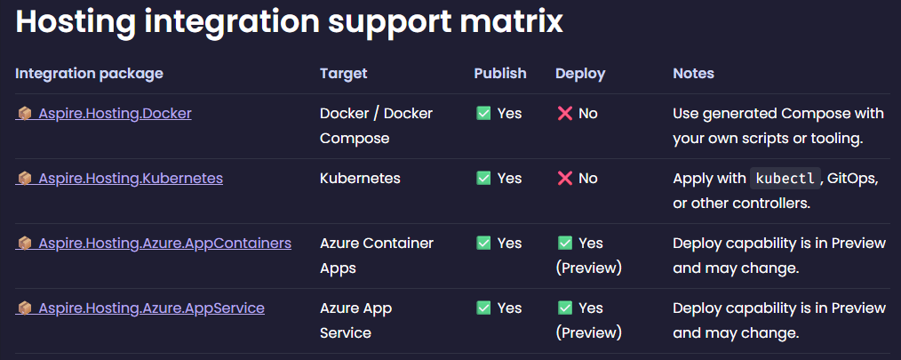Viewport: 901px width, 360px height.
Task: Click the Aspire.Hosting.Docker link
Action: click(x=115, y=114)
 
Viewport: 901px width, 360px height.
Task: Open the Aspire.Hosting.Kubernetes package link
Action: click(x=130, y=179)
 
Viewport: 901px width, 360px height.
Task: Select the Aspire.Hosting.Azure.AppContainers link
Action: click(x=164, y=243)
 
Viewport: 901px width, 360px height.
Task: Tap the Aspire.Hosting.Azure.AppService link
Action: click(x=151, y=308)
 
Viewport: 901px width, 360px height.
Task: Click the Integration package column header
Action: click(x=89, y=74)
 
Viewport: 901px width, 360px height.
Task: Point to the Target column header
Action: click(x=343, y=74)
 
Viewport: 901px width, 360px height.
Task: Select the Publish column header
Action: click(x=499, y=74)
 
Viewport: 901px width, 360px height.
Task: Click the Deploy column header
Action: click(x=580, y=74)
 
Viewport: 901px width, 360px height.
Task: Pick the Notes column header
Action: click(x=693, y=74)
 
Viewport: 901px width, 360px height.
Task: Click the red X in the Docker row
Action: click(x=564, y=114)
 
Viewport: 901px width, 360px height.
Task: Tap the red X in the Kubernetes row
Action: click(x=564, y=179)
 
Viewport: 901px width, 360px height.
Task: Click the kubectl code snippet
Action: click(x=784, y=179)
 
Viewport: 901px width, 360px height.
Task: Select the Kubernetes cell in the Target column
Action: click(x=360, y=179)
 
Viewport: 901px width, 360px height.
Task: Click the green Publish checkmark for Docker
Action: click(x=484, y=114)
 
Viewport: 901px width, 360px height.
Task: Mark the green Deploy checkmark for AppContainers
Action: click(x=565, y=243)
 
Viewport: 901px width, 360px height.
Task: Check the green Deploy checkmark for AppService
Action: click(x=565, y=308)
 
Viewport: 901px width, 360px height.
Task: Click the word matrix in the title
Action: click(x=506, y=21)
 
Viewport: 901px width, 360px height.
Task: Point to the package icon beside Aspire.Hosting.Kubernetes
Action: click(x=25, y=179)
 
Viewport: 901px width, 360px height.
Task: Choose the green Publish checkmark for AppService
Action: click(x=484, y=308)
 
